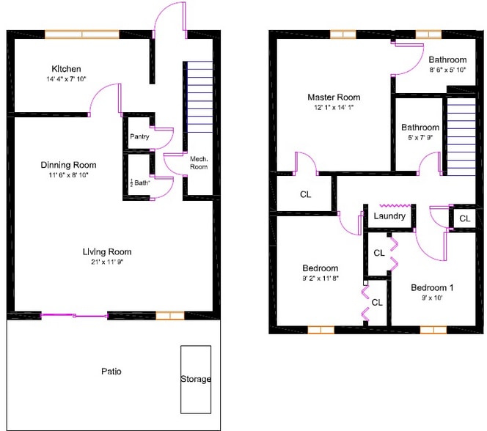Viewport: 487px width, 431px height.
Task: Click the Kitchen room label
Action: click(66, 69)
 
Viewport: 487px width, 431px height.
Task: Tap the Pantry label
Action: click(139, 136)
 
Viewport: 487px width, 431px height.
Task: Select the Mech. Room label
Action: click(198, 162)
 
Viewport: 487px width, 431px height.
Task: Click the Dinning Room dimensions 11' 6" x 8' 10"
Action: click(68, 177)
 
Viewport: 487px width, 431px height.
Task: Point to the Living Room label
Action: click(106, 251)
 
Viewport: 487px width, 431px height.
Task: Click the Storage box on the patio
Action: click(196, 378)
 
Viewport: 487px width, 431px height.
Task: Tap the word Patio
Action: click(111, 372)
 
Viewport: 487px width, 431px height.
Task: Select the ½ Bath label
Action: click(139, 183)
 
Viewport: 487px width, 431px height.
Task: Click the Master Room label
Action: click(334, 97)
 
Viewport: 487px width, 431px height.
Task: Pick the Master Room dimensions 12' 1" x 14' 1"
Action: click(334, 108)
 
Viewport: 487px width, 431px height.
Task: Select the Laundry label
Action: click(389, 216)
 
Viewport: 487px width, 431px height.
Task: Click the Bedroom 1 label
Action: click(431, 287)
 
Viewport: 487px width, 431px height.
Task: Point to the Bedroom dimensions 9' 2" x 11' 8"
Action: click(321, 279)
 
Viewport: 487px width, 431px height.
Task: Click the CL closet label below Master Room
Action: click(305, 195)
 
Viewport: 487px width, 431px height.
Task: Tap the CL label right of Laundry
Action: click(464, 218)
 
